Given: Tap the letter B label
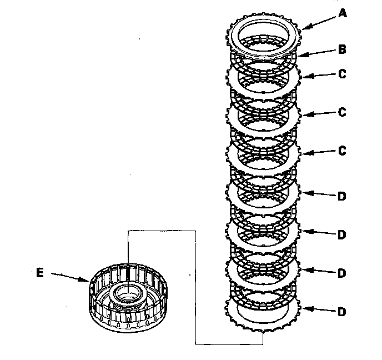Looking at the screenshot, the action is point(343,49).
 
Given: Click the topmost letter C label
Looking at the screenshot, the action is point(343,73).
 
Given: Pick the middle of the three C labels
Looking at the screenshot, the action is point(343,112).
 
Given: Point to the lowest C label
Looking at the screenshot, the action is point(343,151).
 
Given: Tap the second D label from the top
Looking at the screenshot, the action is point(343,234).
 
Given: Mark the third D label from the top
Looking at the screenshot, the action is point(343,273).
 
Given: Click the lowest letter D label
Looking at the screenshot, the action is point(343,312).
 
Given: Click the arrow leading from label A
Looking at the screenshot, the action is point(317,21).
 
